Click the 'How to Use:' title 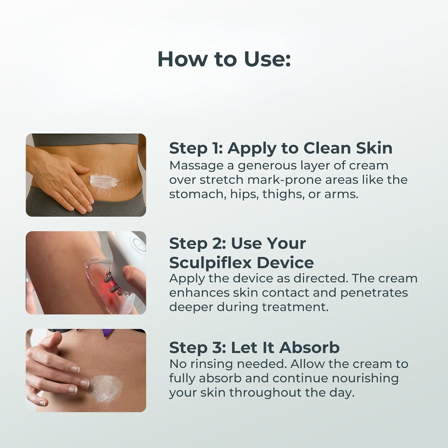coord(224,59)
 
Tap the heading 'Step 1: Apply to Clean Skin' coord(281,149)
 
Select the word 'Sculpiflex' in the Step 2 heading coord(207,263)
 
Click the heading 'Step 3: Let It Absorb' coord(254,348)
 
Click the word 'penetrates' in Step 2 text coord(374,293)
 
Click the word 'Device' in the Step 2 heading coord(282,263)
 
